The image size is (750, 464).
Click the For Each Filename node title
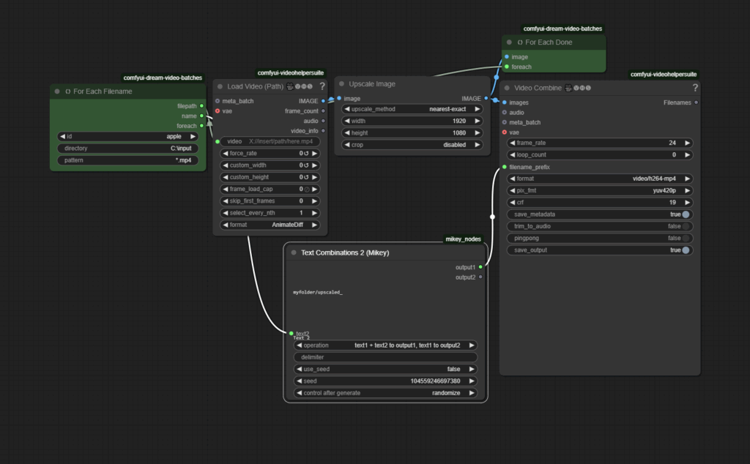103,91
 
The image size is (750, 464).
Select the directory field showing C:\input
127,148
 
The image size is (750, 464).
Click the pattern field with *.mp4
127,160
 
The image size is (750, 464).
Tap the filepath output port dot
202,106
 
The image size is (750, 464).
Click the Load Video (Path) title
255,86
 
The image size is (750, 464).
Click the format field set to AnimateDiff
270,225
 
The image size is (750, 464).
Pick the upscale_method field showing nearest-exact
412,109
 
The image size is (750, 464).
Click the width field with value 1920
412,121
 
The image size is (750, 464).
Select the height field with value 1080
412,133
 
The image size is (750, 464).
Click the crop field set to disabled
412,145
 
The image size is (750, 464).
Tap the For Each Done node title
549,42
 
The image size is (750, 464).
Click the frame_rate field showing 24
600,143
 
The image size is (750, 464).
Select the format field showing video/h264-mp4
600,179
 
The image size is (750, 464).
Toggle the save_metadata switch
686,214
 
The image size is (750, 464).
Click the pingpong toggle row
600,238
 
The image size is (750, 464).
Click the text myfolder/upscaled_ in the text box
318,292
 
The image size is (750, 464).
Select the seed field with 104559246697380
385,381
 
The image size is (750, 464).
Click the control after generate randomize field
385,393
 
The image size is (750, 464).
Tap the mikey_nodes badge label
463,239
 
